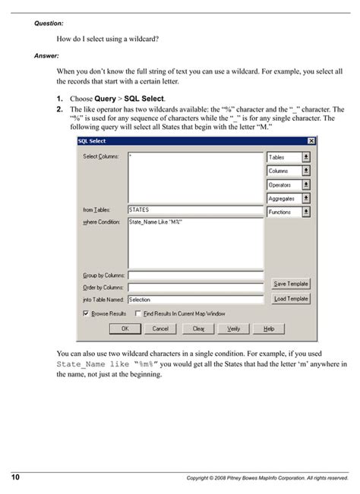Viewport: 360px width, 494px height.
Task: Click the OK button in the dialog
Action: tap(125, 329)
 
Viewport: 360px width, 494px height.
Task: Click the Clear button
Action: tap(198, 329)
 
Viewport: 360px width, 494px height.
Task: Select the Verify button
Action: tap(234, 329)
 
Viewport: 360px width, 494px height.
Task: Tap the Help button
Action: tap(269, 329)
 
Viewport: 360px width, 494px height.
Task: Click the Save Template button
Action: tap(291, 283)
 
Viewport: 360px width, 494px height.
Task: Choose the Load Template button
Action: tap(291, 299)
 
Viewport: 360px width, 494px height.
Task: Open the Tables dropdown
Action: tap(289, 157)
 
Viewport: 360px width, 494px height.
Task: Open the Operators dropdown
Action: tap(289, 184)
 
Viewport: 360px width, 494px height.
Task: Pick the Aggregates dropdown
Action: tap(289, 198)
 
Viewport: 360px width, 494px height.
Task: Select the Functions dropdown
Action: tap(289, 212)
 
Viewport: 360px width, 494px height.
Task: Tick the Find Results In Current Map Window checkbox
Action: tap(137, 313)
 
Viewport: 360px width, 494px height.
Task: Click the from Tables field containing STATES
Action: tap(195, 209)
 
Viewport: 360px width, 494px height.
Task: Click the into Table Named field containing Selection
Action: tap(195, 300)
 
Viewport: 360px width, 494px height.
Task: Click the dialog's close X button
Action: tap(311, 141)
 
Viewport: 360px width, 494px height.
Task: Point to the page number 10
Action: tap(15, 477)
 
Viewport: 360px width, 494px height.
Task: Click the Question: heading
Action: tap(49, 24)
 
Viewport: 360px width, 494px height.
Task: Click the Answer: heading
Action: tap(46, 55)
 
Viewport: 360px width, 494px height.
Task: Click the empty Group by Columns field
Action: tap(195, 275)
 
